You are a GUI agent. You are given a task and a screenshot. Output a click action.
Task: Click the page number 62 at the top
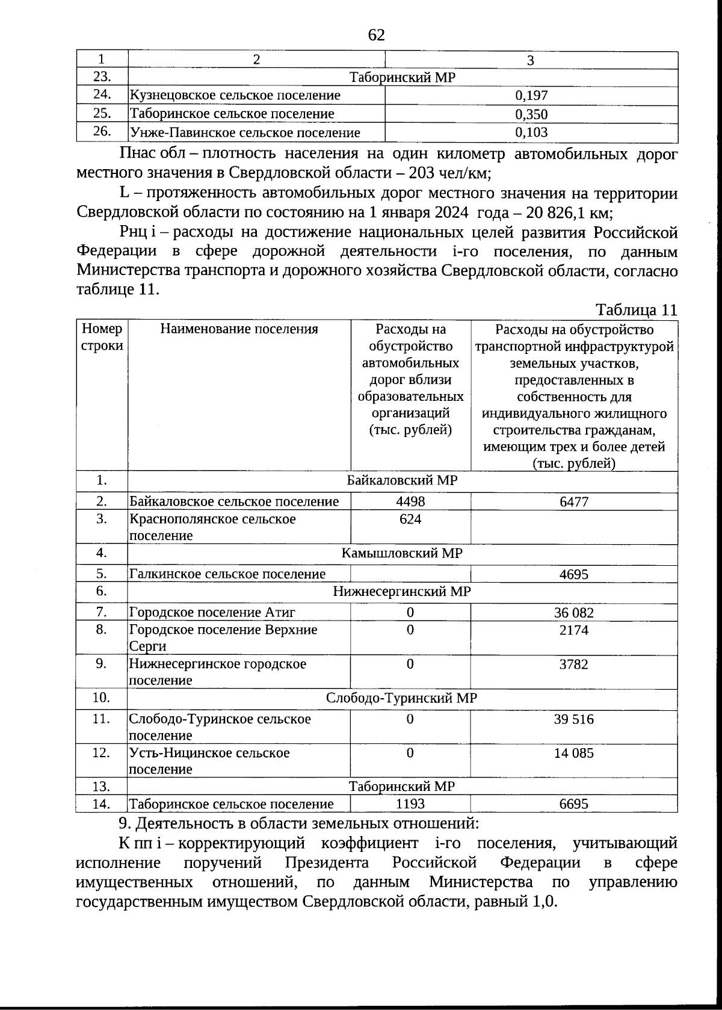[376, 36]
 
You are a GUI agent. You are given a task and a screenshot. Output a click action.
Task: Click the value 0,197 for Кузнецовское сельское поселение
[531, 95]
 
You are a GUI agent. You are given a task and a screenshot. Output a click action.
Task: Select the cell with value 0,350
[531, 114]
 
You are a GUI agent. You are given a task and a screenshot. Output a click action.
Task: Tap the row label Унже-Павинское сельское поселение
[245, 132]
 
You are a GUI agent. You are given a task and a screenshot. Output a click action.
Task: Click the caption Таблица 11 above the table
[637, 310]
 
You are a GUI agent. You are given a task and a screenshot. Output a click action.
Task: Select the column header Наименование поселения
[239, 329]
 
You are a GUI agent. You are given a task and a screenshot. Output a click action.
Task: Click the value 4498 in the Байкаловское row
[410, 502]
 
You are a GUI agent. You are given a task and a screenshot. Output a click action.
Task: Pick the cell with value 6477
[573, 502]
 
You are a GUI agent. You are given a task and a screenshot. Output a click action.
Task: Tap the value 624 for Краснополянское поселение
[410, 519]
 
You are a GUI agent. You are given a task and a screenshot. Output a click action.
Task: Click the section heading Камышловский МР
[402, 553]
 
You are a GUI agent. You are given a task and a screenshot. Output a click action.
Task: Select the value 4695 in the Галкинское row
[573, 574]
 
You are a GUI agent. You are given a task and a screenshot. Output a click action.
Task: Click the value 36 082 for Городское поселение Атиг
[573, 613]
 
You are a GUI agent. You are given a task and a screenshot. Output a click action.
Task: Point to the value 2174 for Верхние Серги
[573, 630]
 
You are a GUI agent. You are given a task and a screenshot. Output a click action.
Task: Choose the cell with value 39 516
[573, 719]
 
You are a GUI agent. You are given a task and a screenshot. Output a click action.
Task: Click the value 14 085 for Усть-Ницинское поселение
[573, 753]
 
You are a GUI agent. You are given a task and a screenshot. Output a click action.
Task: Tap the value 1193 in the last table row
[410, 804]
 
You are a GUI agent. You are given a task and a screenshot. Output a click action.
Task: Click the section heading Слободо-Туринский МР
[402, 698]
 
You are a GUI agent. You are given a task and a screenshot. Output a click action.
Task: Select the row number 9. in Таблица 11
[101, 663]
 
